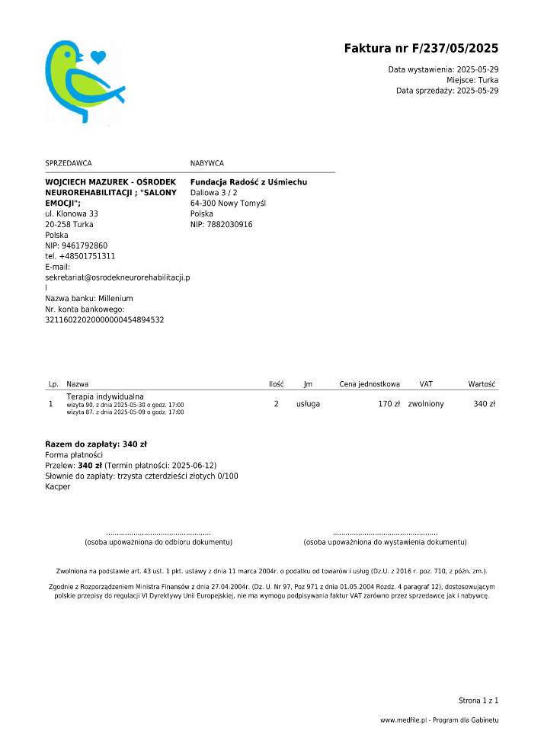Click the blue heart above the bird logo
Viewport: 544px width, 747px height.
click(x=98, y=56)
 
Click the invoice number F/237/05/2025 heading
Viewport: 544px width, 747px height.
click(x=421, y=49)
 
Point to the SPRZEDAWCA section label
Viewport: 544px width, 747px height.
click(x=69, y=163)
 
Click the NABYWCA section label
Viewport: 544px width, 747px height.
click(x=207, y=163)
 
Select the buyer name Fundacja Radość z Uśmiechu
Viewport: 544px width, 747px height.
click(x=248, y=182)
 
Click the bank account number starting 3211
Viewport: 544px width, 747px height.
click(x=104, y=320)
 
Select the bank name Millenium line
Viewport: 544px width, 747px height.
click(x=89, y=299)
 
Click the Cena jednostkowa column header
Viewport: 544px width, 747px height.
click(x=370, y=385)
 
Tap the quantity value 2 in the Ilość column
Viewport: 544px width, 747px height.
click(x=276, y=404)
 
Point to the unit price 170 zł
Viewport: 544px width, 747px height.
click(x=389, y=404)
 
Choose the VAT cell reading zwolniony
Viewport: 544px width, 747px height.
click(x=426, y=404)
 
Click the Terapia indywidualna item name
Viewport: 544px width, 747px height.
click(x=105, y=397)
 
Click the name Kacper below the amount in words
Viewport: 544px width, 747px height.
click(x=58, y=486)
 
